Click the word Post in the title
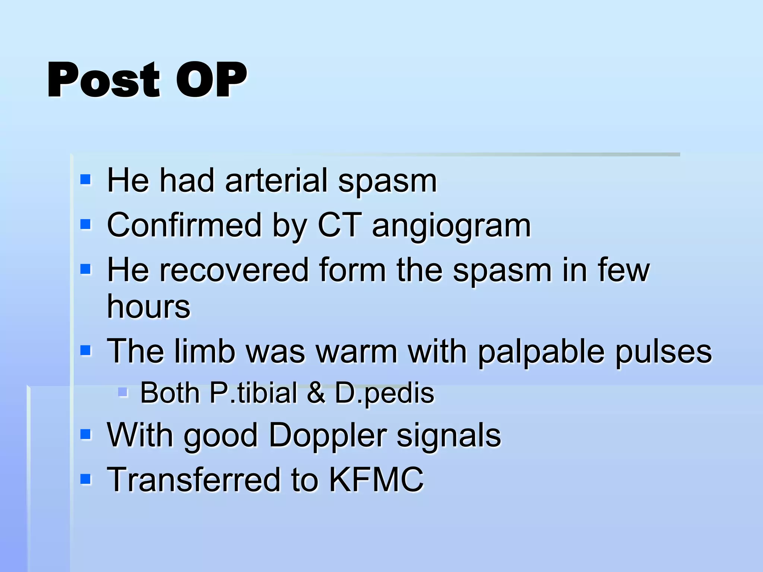click(x=104, y=80)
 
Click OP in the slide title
click(x=211, y=80)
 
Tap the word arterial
click(x=276, y=181)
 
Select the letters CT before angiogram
click(x=339, y=225)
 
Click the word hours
click(x=148, y=306)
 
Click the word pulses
click(x=664, y=352)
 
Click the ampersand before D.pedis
click(x=316, y=393)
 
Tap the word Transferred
click(x=194, y=480)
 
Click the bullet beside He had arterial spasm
click(x=85, y=180)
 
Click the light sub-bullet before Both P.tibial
click(x=123, y=392)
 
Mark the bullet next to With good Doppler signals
click(x=85, y=434)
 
